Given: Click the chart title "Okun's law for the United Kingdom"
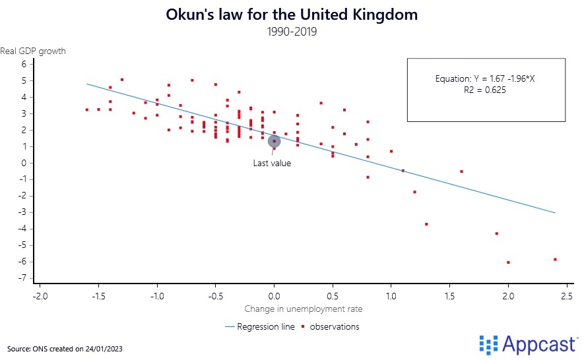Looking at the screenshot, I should pos(292,15).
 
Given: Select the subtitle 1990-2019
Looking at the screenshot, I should pos(292,32).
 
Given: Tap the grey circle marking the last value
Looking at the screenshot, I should pos(274,140).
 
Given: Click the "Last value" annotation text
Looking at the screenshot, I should pos(272,164).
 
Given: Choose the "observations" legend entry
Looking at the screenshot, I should pos(334,326).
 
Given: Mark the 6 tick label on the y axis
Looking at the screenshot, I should pos(24,64).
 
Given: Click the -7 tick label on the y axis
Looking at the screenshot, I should pos(22,278).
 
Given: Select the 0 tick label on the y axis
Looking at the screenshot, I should pos(24,163).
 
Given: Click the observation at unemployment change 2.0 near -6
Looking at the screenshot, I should pos(508,262).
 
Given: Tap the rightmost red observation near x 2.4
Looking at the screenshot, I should pos(555,259).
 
